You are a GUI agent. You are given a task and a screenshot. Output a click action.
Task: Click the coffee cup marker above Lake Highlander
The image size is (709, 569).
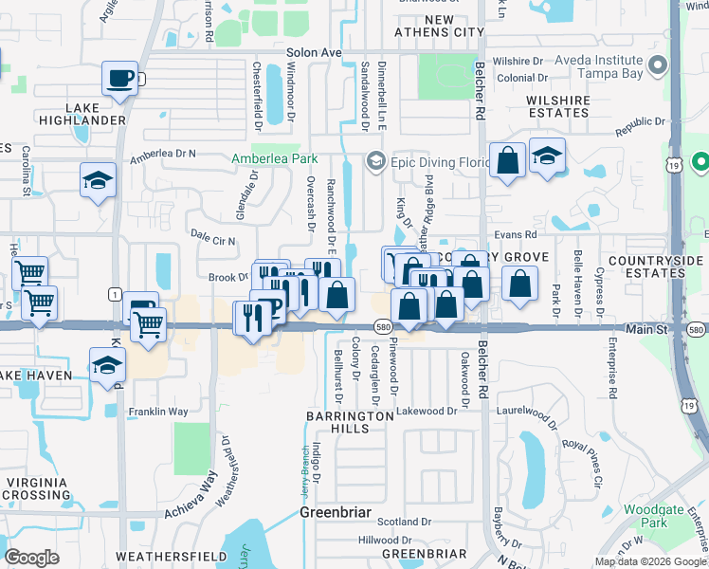[x=120, y=79]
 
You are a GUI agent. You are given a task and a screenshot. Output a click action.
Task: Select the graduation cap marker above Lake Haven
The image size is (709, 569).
[x=108, y=363]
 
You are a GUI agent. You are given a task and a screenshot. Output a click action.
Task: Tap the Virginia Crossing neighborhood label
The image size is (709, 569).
[x=37, y=487]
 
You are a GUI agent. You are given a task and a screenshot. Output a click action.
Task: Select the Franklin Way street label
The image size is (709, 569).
[x=158, y=413]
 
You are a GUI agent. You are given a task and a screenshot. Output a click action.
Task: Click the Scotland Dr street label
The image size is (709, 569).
[x=405, y=522]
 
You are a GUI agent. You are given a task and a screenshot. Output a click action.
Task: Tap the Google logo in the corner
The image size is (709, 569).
[x=32, y=557]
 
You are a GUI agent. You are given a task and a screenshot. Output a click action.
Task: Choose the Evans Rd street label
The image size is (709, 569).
[x=516, y=234]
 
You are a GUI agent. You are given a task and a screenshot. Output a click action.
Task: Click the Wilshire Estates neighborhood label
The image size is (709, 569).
[x=546, y=105]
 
